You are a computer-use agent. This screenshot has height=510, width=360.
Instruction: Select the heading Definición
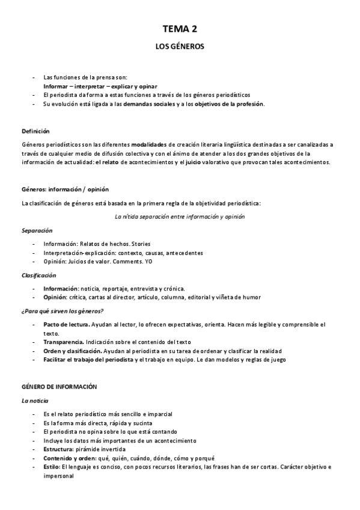[x=35, y=131]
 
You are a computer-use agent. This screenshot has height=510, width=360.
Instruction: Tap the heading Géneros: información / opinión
[x=65, y=189]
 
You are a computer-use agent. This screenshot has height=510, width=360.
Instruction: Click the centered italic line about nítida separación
[x=179, y=217]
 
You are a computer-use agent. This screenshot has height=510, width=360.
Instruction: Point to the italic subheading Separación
[x=37, y=230]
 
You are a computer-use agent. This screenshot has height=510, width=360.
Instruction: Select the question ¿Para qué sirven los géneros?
[x=63, y=311]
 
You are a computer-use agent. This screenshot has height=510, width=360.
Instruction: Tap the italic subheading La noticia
[x=35, y=400]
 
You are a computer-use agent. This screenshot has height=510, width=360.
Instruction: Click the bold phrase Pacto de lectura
[x=67, y=325]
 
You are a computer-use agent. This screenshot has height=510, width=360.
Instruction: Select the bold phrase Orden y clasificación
[x=73, y=351]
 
